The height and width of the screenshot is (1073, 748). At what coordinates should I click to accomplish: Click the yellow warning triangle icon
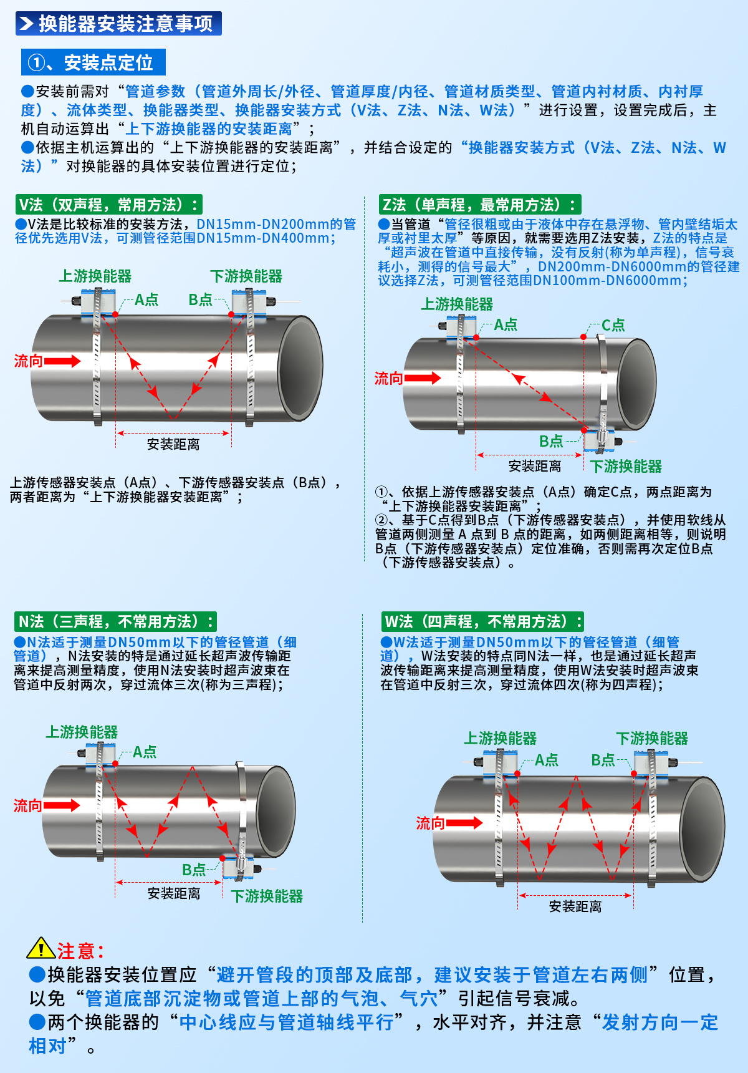click(x=41, y=949)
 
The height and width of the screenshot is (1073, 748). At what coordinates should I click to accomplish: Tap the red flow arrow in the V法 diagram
click(x=62, y=361)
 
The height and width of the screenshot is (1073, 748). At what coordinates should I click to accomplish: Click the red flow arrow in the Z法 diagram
click(x=423, y=377)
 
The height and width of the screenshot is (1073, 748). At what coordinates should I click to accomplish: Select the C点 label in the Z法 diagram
click(x=613, y=325)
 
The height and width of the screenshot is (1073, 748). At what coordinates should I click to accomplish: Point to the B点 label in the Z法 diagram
click(x=551, y=442)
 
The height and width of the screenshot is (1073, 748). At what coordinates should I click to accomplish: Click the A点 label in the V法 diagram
click(x=146, y=300)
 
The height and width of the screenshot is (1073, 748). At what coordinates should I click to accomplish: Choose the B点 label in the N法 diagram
click(x=194, y=870)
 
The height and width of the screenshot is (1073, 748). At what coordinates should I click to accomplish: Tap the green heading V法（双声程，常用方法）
click(x=108, y=205)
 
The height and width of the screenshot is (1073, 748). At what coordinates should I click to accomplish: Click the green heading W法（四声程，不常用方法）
click(x=482, y=621)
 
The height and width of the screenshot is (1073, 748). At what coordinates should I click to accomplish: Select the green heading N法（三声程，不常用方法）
click(x=115, y=621)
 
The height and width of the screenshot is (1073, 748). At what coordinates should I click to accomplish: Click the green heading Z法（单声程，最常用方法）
click(x=479, y=205)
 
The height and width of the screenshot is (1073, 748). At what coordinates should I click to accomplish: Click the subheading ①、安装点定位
click(x=93, y=62)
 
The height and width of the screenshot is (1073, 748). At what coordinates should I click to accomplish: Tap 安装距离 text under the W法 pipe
click(x=575, y=906)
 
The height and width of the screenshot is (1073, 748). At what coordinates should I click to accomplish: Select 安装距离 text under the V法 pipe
click(x=173, y=444)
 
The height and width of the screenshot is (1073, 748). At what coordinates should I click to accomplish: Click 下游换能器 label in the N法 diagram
click(x=267, y=896)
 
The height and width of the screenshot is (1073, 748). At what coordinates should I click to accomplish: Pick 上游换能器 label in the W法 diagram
click(x=501, y=739)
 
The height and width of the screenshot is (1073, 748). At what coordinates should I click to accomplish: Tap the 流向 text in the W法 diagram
click(x=430, y=823)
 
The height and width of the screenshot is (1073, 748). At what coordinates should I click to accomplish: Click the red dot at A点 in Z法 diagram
click(x=476, y=337)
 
